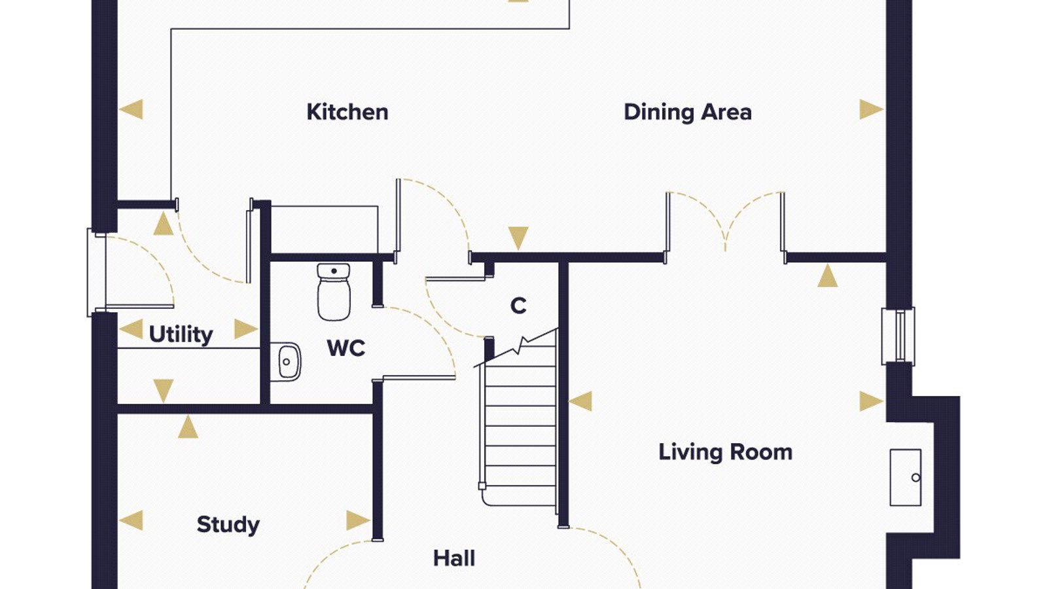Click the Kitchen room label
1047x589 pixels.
click(347, 112)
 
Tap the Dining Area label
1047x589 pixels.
click(688, 112)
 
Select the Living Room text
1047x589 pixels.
click(726, 452)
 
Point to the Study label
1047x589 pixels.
click(228, 525)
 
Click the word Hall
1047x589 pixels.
click(454, 558)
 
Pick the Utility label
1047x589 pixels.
click(181, 334)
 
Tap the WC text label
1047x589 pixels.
click(346, 348)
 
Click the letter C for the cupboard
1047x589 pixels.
click(518, 306)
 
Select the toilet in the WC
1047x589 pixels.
click(334, 292)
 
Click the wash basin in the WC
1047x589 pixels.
click(285, 362)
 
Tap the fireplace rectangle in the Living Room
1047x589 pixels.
click(906, 477)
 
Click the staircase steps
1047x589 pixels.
click(520, 425)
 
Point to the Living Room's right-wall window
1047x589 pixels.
click(898, 336)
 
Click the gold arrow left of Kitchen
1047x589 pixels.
click(132, 110)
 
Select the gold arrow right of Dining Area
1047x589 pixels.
click(871, 110)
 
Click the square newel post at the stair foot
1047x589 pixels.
click(482, 486)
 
